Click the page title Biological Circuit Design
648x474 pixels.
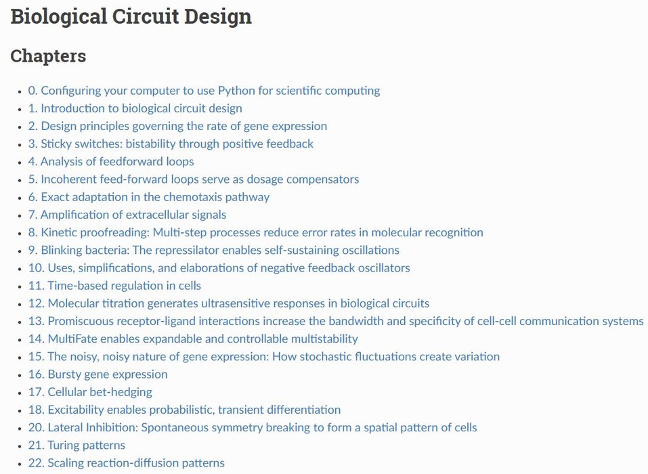(x=131, y=16)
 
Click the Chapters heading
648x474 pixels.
(x=48, y=56)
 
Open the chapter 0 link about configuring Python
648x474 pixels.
(x=204, y=91)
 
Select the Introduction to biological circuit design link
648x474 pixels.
(x=135, y=108)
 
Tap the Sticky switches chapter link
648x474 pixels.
(x=171, y=144)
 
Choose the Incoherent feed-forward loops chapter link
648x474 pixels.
(x=194, y=179)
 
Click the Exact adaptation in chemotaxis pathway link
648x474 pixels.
(x=149, y=197)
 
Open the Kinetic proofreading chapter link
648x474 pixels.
(x=256, y=232)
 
